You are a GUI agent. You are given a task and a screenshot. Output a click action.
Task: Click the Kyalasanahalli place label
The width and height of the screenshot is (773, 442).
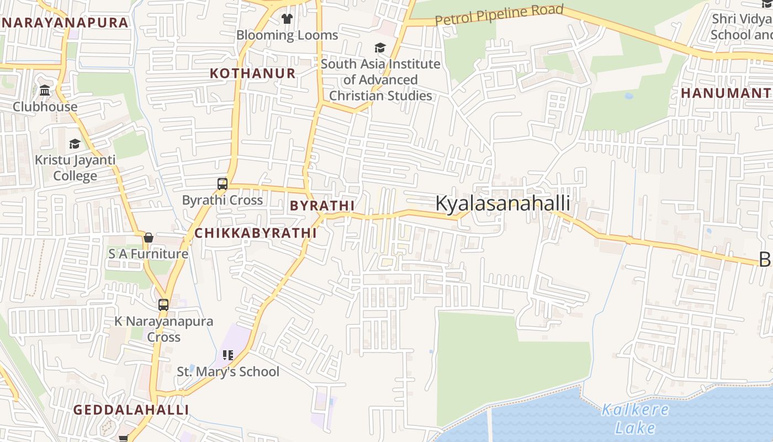[x=502, y=203]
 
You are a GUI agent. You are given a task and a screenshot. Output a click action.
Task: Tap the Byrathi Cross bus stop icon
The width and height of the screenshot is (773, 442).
[x=223, y=184]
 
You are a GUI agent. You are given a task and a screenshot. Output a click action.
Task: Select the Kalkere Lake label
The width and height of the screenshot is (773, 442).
[x=635, y=418]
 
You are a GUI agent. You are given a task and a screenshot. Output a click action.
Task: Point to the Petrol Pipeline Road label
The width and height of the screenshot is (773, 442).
[x=499, y=15]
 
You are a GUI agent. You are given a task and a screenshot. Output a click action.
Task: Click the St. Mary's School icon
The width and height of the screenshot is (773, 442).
[x=228, y=355]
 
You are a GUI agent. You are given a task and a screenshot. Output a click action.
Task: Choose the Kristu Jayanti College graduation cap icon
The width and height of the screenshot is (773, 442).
[x=75, y=144]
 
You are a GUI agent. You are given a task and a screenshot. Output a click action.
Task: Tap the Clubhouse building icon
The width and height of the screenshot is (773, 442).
[x=45, y=90]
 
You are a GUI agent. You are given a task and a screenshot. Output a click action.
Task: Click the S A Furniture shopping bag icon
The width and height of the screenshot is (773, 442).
[x=148, y=238]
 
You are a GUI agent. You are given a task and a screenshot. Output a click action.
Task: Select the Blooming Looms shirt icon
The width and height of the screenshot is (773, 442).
[x=287, y=19]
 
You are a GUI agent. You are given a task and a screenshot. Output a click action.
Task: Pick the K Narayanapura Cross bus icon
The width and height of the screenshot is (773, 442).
[x=163, y=304]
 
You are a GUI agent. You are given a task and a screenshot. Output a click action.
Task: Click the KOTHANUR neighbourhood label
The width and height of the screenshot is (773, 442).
[x=253, y=73]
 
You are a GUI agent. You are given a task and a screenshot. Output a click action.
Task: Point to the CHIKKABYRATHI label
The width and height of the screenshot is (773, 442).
[x=256, y=233]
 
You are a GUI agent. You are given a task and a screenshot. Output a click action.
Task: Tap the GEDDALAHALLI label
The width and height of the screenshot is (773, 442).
[x=131, y=410]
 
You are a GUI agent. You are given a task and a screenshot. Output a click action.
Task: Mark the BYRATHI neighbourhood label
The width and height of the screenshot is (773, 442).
[x=322, y=206]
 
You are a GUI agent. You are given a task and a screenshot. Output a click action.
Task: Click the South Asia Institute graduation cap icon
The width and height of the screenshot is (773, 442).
[x=380, y=48]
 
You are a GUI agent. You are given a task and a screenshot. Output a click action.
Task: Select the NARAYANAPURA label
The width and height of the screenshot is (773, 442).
[x=65, y=23]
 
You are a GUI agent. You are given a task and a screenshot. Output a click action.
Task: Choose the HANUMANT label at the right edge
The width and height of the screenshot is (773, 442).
[x=726, y=93]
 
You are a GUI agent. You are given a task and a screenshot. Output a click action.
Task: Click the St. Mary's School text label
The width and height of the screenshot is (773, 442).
[x=228, y=372]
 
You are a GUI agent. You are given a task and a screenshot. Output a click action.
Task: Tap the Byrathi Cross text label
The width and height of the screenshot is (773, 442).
[x=223, y=200]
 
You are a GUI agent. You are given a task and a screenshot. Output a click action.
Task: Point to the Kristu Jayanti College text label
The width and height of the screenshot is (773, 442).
[x=75, y=168]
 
